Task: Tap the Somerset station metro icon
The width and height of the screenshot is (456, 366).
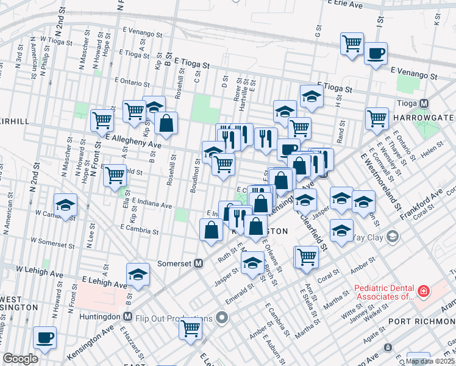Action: tap(198, 264)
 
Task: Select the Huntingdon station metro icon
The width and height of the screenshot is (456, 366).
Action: tap(127, 317)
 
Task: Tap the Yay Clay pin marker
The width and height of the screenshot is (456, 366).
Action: tap(393, 236)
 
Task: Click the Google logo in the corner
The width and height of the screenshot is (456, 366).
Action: tap(20, 359)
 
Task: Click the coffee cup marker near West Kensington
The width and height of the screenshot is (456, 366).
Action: tap(45, 337)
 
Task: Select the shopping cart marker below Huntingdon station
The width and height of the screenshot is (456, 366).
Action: tap(191, 328)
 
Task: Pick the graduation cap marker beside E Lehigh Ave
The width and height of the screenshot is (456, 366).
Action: tap(138, 275)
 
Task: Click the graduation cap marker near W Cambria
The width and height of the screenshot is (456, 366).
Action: tap(65, 206)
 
